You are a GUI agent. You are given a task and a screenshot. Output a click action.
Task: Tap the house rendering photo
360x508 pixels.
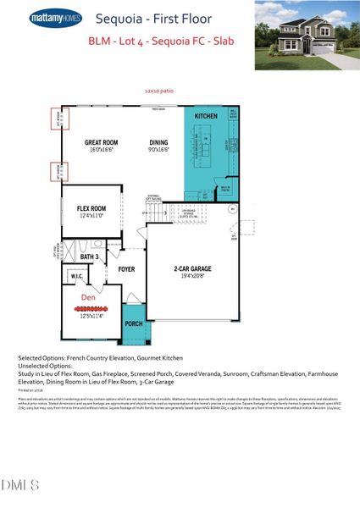(306, 36)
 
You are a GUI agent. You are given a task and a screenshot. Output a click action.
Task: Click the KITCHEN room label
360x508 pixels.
(207, 116)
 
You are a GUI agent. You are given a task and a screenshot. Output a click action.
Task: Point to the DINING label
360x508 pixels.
(158, 143)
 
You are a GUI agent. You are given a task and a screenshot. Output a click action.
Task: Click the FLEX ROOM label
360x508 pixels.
(91, 207)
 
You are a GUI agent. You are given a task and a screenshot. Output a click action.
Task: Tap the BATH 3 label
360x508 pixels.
(91, 256)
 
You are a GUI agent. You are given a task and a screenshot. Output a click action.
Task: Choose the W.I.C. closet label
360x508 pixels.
(75, 275)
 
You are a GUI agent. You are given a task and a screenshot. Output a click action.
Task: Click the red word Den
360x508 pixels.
(88, 298)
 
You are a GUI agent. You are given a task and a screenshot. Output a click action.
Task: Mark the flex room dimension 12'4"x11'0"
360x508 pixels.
(91, 215)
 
